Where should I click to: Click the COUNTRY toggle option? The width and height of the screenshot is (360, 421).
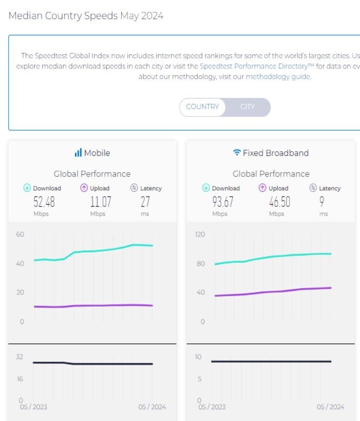tap(202, 107)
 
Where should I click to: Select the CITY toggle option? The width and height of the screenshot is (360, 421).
tap(247, 107)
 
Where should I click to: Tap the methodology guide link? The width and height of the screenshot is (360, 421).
tap(278, 77)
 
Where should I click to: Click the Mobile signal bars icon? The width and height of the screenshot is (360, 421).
tap(78, 153)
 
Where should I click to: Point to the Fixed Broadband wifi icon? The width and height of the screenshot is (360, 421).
tap(237, 153)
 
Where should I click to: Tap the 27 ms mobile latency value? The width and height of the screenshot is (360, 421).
tap(145, 202)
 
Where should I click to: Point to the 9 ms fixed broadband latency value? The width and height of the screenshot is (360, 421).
tap(322, 202)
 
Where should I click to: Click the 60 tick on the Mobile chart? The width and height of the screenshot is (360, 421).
tap(20, 235)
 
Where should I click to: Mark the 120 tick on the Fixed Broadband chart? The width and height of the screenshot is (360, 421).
tap(199, 235)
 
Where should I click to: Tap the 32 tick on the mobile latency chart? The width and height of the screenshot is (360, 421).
tap(19, 357)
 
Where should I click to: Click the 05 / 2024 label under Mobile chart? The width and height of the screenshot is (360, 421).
tap(152, 407)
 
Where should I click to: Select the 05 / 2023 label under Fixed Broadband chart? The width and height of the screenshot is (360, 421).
tap(212, 407)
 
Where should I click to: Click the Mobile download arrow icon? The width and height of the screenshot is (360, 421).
tap(27, 188)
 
